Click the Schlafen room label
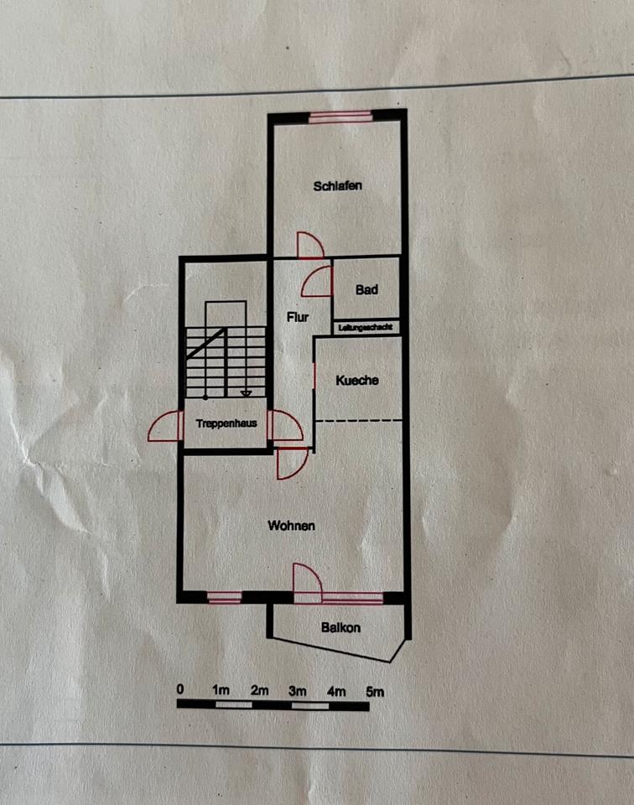pos(338,185)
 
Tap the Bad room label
pos(366,290)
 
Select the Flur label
pos(297,317)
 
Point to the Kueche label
pos(357,380)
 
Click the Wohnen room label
pos(291,526)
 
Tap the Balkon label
pos(340,627)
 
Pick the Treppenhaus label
pos(226,424)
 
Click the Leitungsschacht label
pos(366,328)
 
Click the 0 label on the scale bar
pos(180,690)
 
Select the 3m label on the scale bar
pos(298,691)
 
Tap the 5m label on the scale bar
pos(374,691)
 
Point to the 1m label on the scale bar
pos(221,691)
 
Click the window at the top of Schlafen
pos(340,117)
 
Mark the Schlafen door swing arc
pos(310,245)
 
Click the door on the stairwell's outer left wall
pos(165,426)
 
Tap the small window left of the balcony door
pos(224,598)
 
